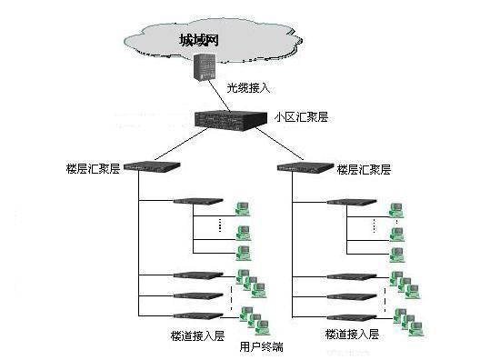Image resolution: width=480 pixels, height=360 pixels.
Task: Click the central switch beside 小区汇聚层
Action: pyautogui.click(x=234, y=118)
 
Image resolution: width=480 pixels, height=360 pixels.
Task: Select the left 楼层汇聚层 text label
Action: pyautogui.click(x=90, y=169)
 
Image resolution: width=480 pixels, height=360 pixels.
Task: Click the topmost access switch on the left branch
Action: pyautogui.click(x=193, y=202)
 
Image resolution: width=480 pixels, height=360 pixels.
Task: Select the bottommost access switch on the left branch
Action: pyautogui.click(x=197, y=315)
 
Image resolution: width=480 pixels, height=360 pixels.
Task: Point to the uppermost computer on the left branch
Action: pyautogui.click(x=243, y=209)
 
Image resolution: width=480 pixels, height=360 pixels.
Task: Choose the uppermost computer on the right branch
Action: pyautogui.click(x=396, y=209)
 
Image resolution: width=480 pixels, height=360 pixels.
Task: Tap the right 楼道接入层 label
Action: pyautogui.click(x=350, y=335)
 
